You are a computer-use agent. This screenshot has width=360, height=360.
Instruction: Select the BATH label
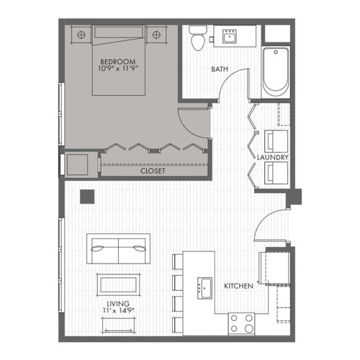(x=220, y=70)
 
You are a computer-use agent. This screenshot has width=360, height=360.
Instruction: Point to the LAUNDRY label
(x=273, y=156)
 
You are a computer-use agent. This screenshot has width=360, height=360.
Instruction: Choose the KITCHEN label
(x=238, y=286)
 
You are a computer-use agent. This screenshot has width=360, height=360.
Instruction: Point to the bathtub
(x=276, y=72)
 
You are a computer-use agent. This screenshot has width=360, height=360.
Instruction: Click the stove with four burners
(x=242, y=323)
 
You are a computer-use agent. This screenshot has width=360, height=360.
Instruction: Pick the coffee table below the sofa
(x=117, y=284)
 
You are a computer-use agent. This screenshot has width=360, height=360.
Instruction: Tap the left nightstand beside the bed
(x=81, y=33)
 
